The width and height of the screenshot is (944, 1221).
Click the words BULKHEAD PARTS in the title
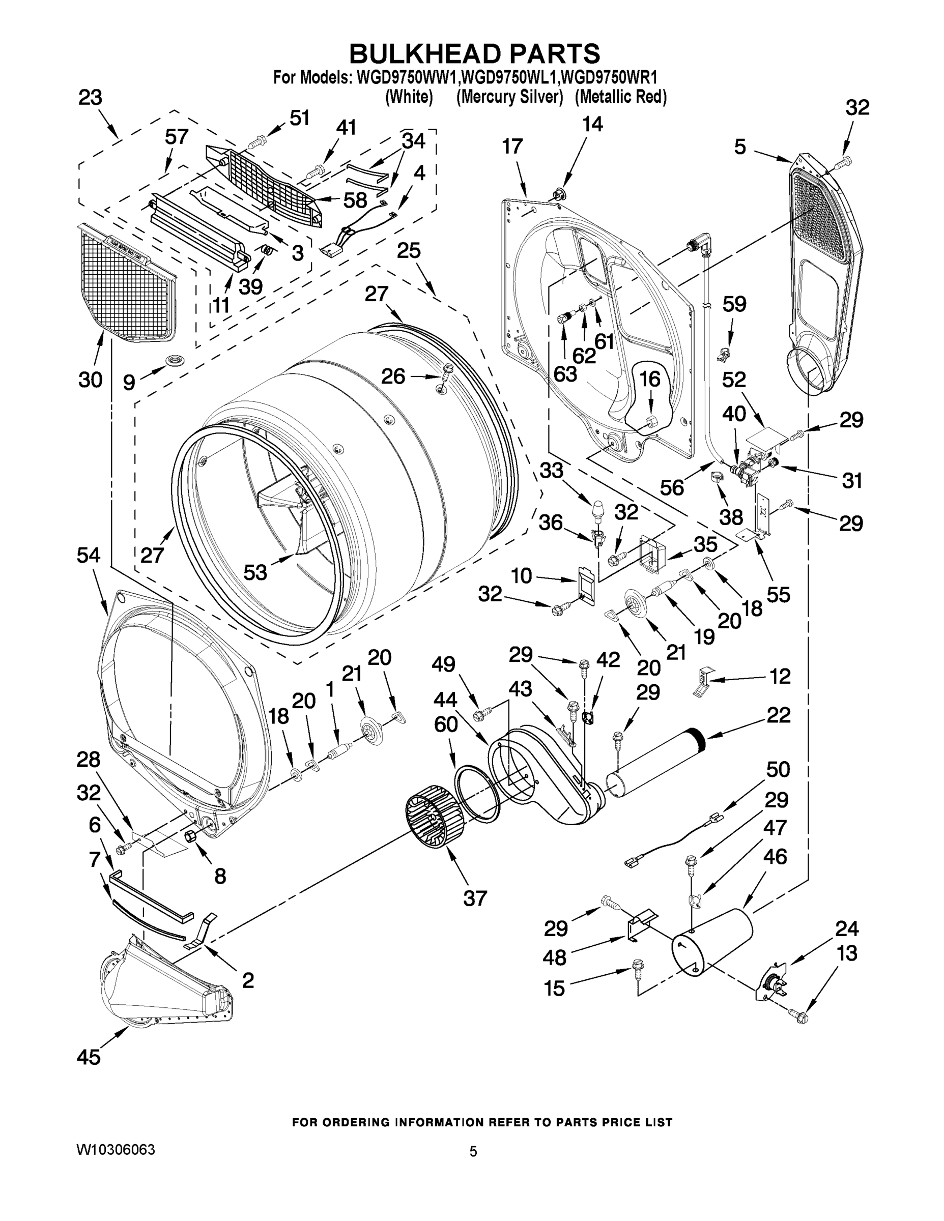(x=474, y=54)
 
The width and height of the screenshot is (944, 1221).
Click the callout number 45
(x=89, y=1056)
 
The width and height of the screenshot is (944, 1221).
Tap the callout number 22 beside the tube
(x=779, y=714)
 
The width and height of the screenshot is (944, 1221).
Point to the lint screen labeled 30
(x=125, y=282)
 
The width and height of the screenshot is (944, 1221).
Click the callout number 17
(x=512, y=146)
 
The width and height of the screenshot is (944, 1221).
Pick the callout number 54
(x=89, y=555)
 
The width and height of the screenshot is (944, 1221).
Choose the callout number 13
(x=847, y=953)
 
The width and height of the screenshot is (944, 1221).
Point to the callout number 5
(x=740, y=147)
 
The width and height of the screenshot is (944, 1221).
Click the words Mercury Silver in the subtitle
(x=509, y=97)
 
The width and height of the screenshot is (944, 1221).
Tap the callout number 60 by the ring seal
(x=446, y=724)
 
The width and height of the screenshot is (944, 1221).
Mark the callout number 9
(x=129, y=382)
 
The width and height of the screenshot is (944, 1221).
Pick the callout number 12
(x=780, y=676)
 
